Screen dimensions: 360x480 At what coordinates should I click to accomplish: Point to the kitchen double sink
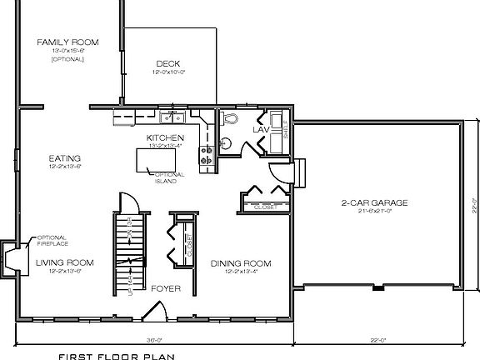(x=174, y=117)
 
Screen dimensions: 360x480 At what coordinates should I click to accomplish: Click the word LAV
(x=261, y=130)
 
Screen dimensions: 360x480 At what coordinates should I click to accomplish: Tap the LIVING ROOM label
(x=64, y=262)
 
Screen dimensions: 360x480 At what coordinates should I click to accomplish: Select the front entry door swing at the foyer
(x=153, y=312)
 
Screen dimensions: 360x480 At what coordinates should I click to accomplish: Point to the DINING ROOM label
(x=241, y=262)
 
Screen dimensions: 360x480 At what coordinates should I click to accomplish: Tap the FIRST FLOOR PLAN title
(x=116, y=354)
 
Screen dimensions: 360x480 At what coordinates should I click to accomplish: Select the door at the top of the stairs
(x=127, y=202)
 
